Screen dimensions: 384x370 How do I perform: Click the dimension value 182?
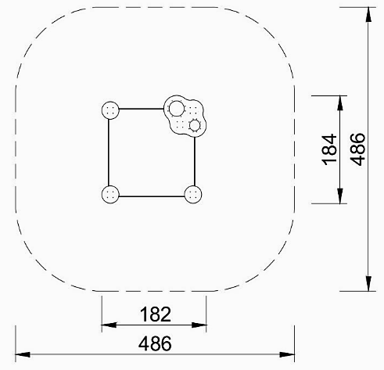(x=156, y=314)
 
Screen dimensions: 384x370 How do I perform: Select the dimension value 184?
(x=329, y=149)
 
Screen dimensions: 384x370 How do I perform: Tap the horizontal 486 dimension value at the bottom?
(x=155, y=343)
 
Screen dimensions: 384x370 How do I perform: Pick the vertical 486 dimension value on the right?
(x=357, y=149)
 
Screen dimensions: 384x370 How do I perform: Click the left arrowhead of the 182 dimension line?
(x=109, y=325)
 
